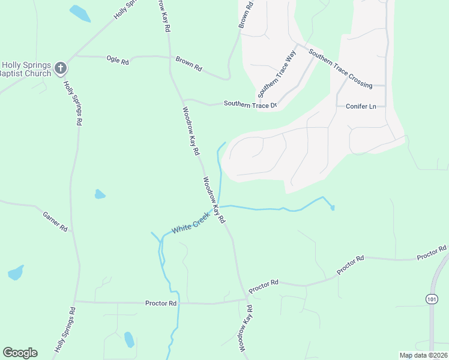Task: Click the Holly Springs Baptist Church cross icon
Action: pos(60,68)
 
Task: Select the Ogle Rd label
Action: pos(117,61)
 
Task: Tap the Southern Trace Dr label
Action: pos(250,104)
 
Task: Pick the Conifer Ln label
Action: pos(361,106)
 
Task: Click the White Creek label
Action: pos(191,222)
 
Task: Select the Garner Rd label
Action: pos(55,221)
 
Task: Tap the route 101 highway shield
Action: pos(432,298)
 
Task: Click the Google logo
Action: pos(20,353)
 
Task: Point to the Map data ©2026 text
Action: pos(423,355)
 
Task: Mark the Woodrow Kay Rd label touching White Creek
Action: pos(214,200)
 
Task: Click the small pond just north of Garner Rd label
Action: pos(100,194)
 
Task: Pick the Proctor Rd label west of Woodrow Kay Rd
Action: pos(161,304)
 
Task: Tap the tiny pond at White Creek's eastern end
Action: pos(333,208)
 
